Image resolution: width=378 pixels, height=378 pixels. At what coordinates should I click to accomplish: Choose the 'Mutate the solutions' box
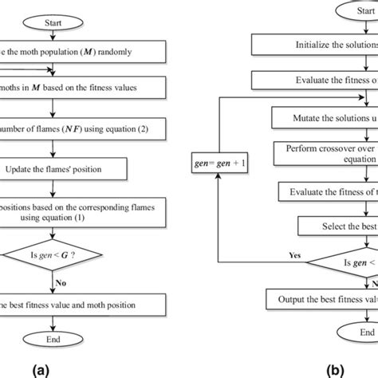point(323,117)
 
